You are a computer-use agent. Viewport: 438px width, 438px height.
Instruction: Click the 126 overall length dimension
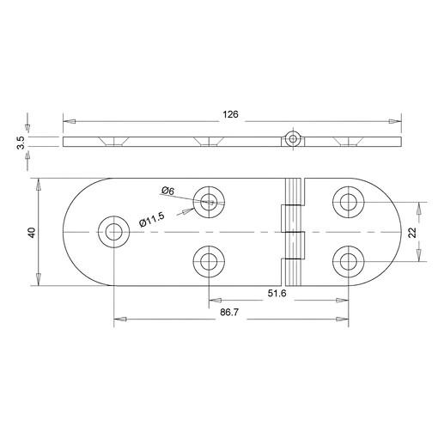(230, 114)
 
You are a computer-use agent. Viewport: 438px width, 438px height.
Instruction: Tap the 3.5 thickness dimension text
(21, 143)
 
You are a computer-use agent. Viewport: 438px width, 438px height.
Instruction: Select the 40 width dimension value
(32, 232)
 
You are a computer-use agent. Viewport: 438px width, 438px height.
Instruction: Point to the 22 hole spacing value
(412, 233)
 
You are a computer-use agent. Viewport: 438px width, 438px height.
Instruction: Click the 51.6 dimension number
(277, 293)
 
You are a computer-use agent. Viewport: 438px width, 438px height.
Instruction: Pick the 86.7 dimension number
(229, 313)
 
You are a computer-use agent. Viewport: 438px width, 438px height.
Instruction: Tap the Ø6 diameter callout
(167, 191)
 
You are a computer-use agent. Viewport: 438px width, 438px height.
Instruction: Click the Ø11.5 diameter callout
(152, 220)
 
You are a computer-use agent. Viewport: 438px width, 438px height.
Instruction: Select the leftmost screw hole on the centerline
(114, 232)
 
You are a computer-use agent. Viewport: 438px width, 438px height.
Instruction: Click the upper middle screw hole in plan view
(209, 202)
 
